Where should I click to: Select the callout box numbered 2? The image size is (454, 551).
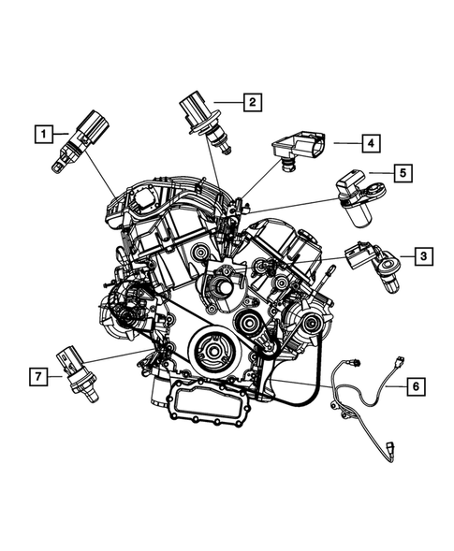tap(251, 101)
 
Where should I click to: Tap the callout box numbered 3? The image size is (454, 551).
tap(423, 254)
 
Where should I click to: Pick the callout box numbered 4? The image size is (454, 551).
tap(370, 143)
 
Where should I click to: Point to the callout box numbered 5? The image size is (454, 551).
tap(402, 172)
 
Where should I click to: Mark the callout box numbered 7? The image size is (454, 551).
tap(37, 376)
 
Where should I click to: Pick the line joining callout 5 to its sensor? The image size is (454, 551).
tap(378, 173)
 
